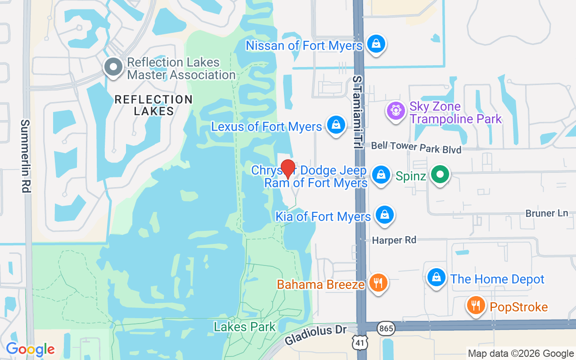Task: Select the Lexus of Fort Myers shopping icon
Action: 336,125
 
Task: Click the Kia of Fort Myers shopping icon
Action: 384,215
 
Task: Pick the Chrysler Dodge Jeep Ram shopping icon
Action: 381,174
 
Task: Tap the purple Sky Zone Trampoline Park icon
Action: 396,110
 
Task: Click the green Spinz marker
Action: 440,175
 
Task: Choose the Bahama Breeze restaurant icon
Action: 378,283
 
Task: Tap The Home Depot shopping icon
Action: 436,277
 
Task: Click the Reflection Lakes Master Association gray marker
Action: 113,67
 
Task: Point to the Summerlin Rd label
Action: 25,156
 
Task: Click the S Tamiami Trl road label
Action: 358,112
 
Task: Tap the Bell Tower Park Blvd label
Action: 416,147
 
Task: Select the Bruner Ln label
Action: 547,213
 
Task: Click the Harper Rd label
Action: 394,240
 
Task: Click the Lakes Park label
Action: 244,327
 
